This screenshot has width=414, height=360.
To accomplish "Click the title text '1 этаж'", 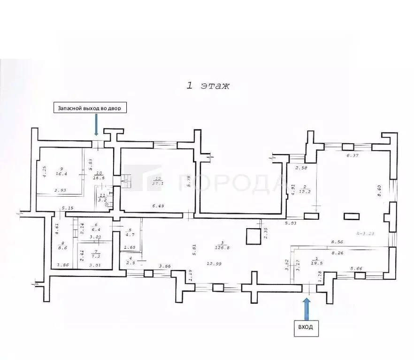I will (x=208, y=86).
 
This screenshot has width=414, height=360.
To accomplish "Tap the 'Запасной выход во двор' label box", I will (x=89, y=108).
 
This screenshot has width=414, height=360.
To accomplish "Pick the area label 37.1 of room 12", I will (x=158, y=183).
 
